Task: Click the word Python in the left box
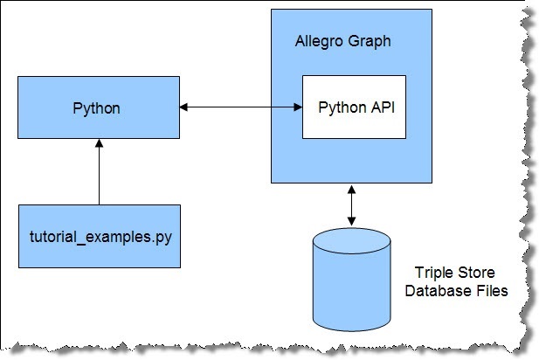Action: pyautogui.click(x=97, y=108)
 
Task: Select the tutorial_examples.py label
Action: pyautogui.click(x=100, y=237)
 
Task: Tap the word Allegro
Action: pyautogui.click(x=319, y=42)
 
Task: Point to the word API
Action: pyautogui.click(x=383, y=107)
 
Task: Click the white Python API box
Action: pyautogui.click(x=354, y=107)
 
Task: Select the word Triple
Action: pyautogui.click(x=434, y=273)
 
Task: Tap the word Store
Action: pyautogui.click(x=476, y=273)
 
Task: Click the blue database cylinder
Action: pyautogui.click(x=352, y=280)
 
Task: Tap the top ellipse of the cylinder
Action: pyautogui.click(x=352, y=240)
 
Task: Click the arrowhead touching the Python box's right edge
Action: pyautogui.click(x=183, y=107)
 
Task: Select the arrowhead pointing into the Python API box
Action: pyautogui.click(x=298, y=107)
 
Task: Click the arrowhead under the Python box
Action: pyautogui.click(x=99, y=143)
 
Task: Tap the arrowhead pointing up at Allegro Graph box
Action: pyautogui.click(x=351, y=190)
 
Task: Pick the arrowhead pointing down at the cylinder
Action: pyautogui.click(x=351, y=222)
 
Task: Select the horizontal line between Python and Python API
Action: pyautogui.click(x=241, y=107)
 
